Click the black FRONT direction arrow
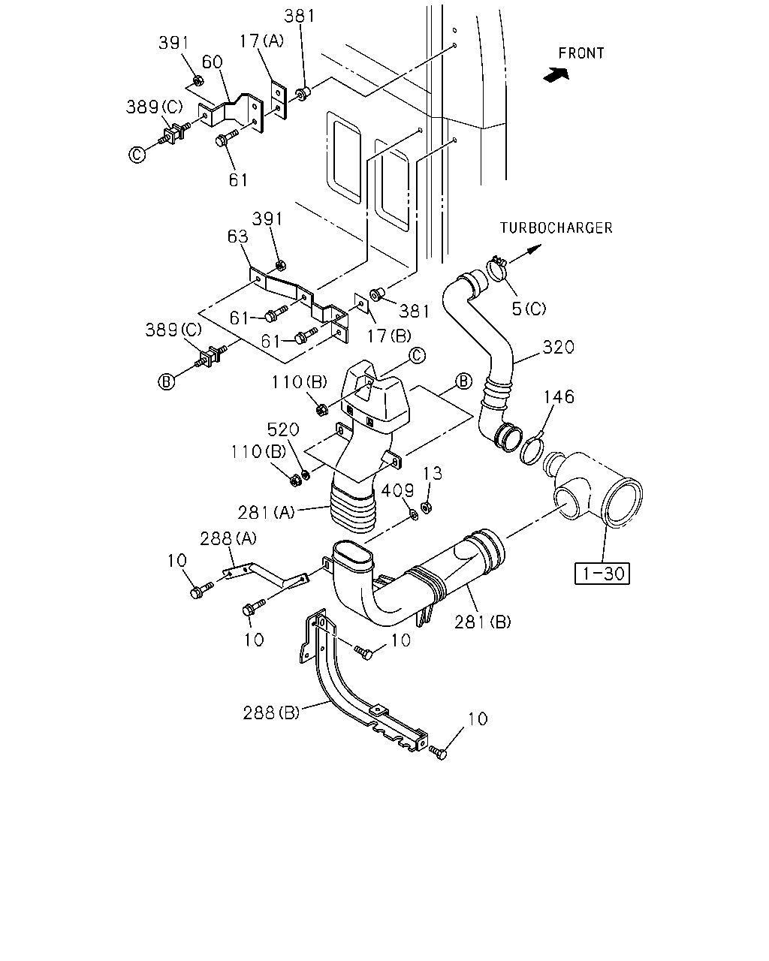tap(556, 74)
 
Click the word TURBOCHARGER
tap(556, 228)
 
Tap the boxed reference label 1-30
tap(602, 574)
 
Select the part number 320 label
tap(559, 347)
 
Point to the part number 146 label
tap(559, 396)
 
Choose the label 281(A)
tap(267, 513)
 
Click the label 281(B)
tap(483, 622)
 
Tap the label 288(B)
tap(271, 712)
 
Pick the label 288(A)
tap(228, 539)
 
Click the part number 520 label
tap(283, 429)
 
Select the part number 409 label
tap(398, 490)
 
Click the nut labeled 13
tap(427, 508)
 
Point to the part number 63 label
tap(238, 236)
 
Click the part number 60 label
tap(213, 62)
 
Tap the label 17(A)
tap(261, 41)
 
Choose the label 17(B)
tap(389, 336)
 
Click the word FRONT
tap(581, 53)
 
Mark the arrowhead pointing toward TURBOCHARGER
tap(535, 249)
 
